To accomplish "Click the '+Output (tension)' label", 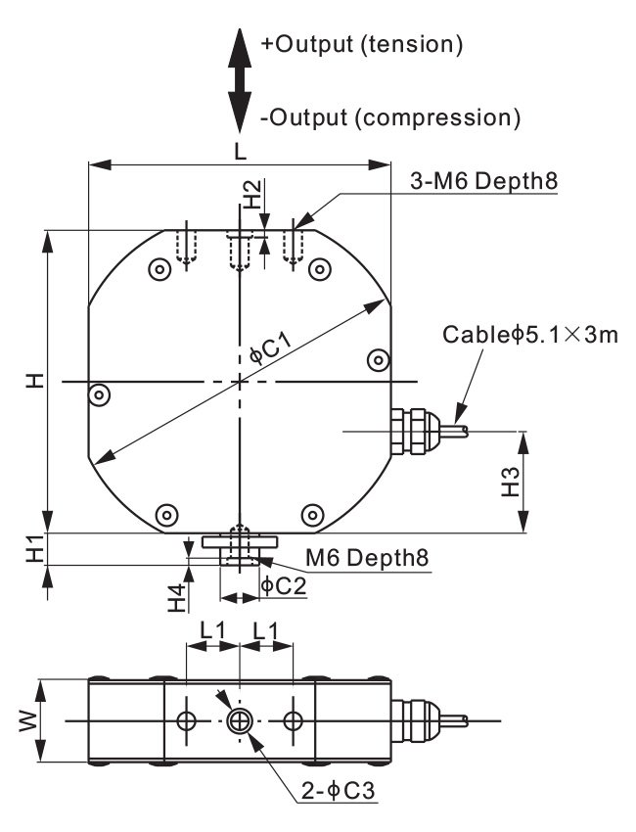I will click(x=361, y=44).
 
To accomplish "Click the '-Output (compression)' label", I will click(x=389, y=118).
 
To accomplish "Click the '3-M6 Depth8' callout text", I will click(x=482, y=182).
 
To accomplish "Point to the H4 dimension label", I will click(x=176, y=597).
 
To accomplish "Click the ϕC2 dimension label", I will click(x=284, y=586).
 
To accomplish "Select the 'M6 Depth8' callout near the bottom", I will click(x=367, y=558).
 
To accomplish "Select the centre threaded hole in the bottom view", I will click(x=239, y=721).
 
